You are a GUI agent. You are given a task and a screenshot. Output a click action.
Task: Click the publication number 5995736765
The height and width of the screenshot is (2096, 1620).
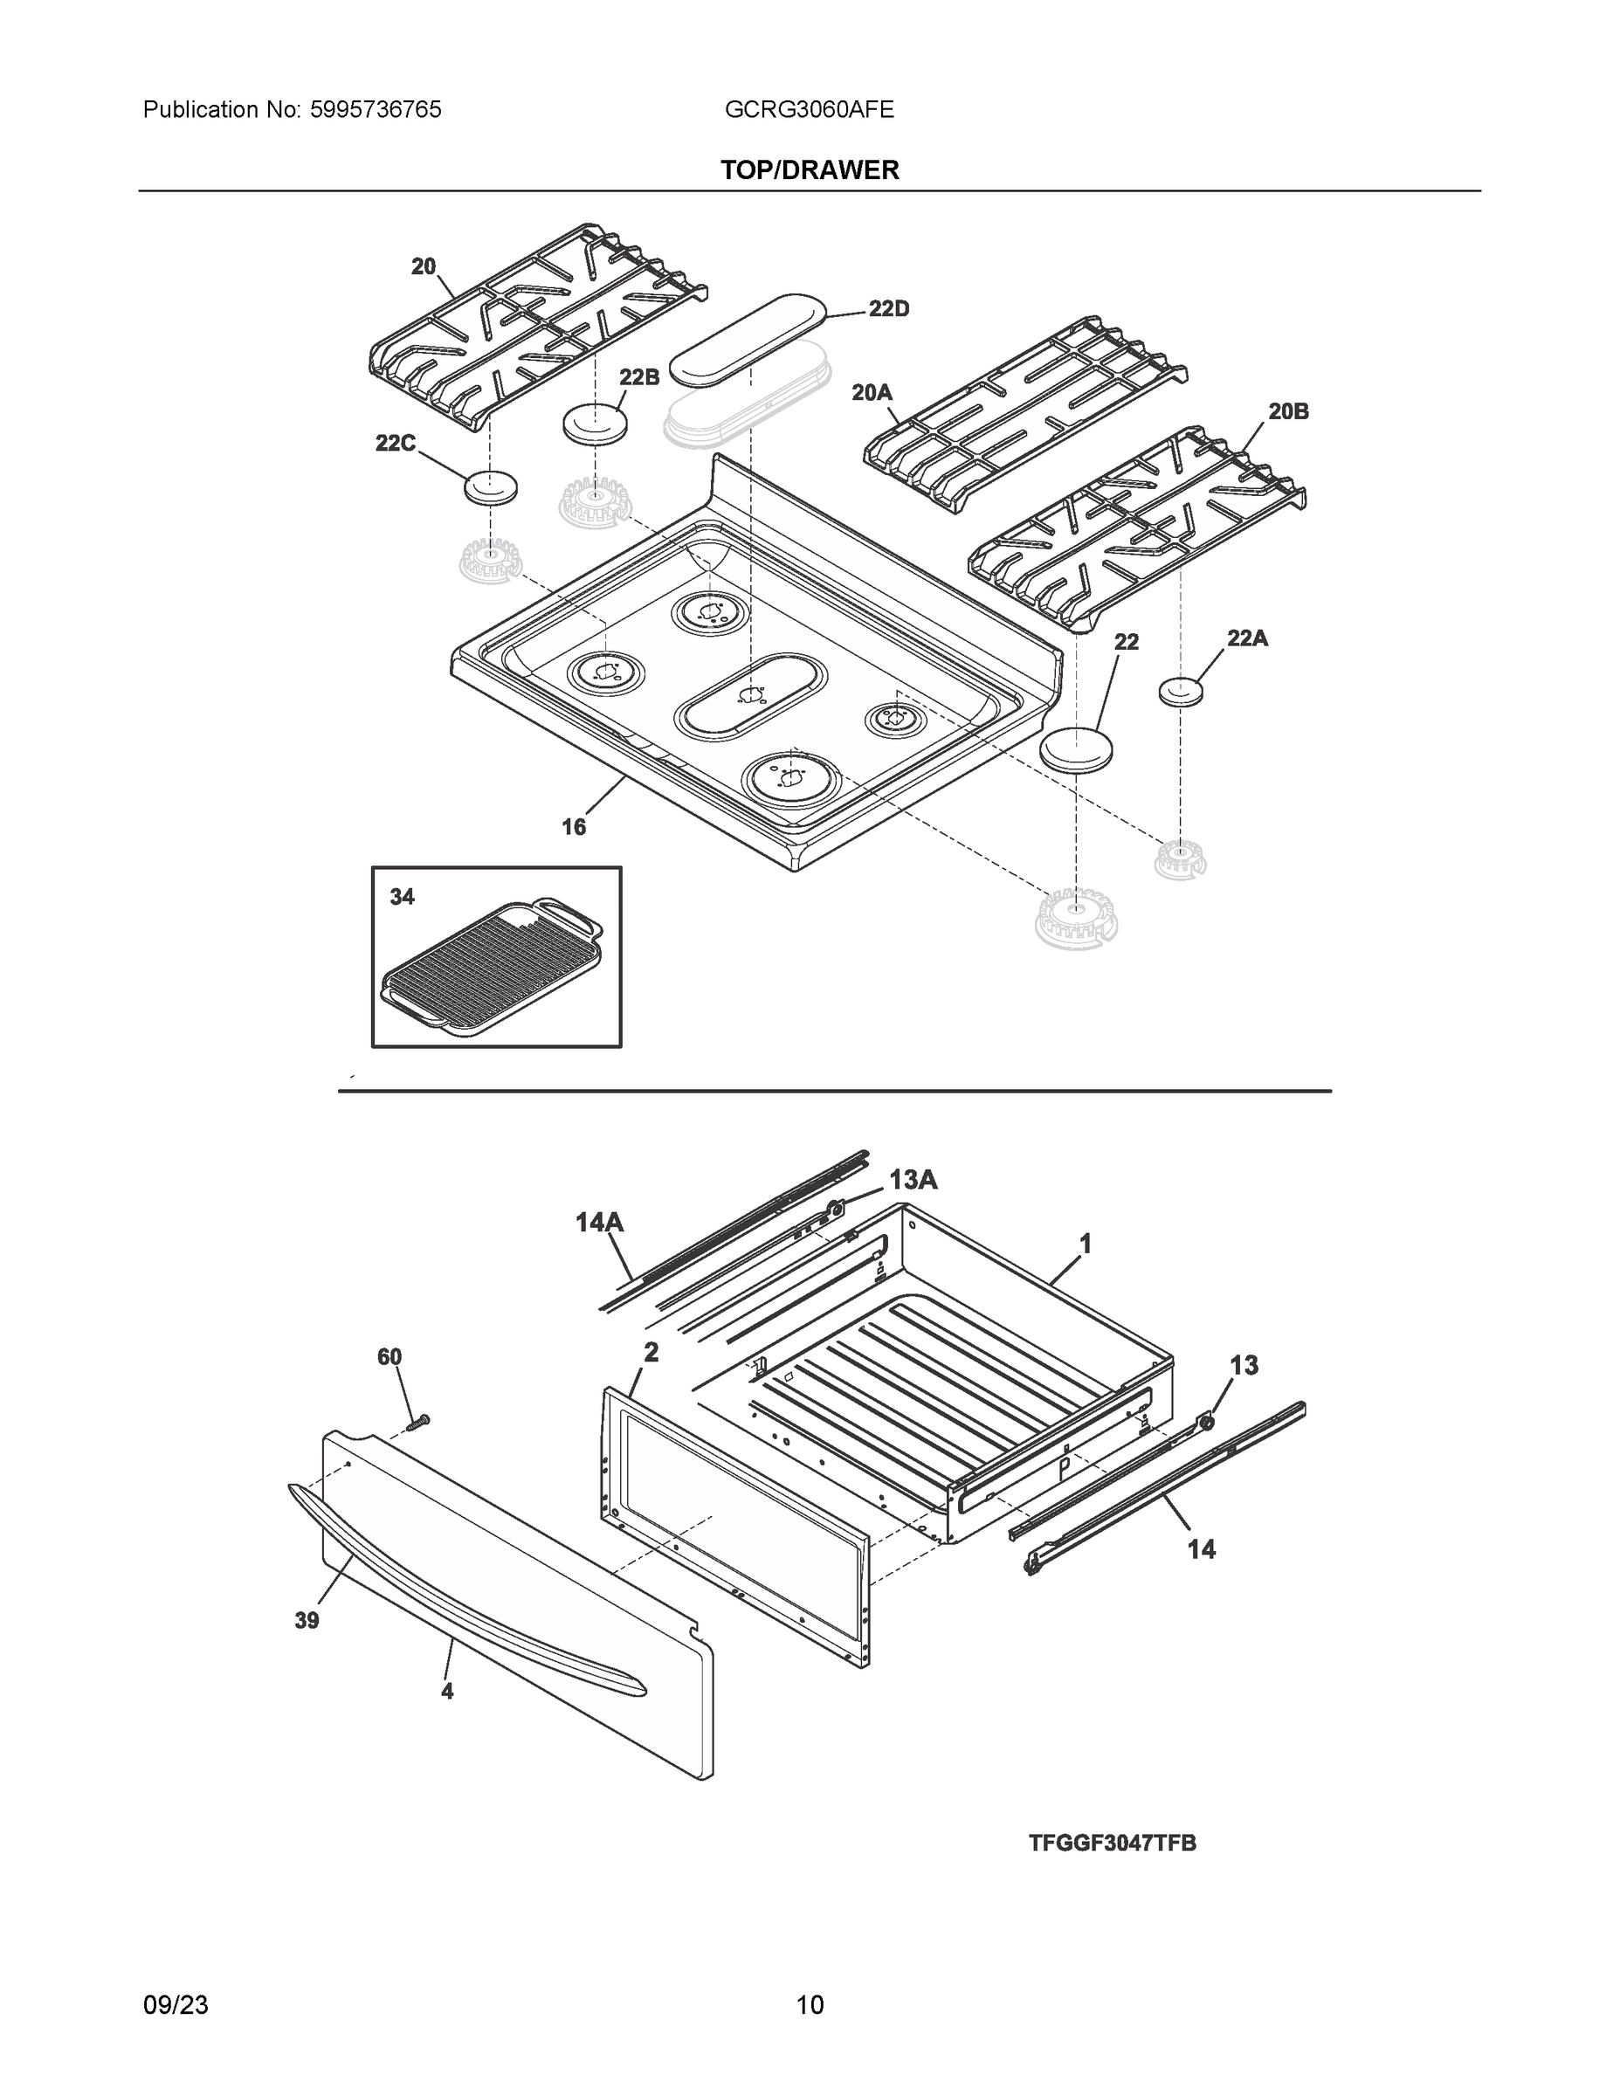click(x=376, y=110)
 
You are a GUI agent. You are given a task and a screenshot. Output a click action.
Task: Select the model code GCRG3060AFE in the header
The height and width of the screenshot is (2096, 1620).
click(x=809, y=110)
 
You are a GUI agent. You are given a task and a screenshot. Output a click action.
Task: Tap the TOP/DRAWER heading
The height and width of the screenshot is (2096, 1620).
click(x=809, y=170)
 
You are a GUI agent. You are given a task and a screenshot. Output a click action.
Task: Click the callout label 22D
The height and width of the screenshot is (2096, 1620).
click(x=889, y=309)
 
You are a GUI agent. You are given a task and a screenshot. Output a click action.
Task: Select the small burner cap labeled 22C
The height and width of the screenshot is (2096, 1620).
click(x=491, y=487)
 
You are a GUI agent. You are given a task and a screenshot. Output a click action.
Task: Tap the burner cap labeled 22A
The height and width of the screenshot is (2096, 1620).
click(x=1181, y=691)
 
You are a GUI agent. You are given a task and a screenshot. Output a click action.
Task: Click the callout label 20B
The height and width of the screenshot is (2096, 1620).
click(x=1288, y=411)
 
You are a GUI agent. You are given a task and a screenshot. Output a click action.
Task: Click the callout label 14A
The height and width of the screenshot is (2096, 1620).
click(x=600, y=1222)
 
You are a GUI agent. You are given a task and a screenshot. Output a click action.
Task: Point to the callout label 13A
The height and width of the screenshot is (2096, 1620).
click(x=913, y=1181)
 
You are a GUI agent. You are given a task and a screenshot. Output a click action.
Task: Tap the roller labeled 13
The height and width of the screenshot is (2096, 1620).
click(x=1206, y=1421)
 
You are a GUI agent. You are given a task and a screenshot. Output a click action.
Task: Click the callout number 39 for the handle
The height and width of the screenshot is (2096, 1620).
click(x=307, y=1620)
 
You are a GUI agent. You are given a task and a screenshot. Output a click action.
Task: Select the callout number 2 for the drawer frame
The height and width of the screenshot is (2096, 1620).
click(x=651, y=1352)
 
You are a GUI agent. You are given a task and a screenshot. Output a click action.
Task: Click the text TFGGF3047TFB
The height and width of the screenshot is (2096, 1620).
click(x=1113, y=1844)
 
